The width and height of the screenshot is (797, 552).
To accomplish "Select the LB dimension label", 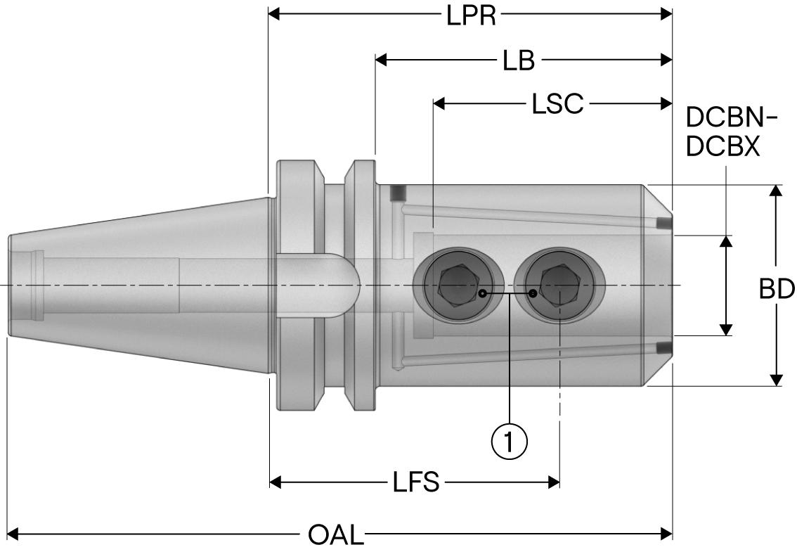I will tap(519, 60).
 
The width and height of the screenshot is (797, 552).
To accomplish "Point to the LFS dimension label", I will tap(415, 482).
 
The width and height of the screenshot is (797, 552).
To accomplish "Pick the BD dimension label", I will tap(777, 289).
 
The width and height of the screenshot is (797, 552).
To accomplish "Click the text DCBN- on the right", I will tap(732, 118).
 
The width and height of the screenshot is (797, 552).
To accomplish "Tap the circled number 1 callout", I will tap(509, 441).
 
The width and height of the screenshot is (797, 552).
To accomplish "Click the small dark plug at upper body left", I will tap(398, 192).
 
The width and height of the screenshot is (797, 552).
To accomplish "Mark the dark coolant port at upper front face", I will tap(661, 224).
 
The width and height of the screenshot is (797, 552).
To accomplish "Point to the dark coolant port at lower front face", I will tap(661, 347).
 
